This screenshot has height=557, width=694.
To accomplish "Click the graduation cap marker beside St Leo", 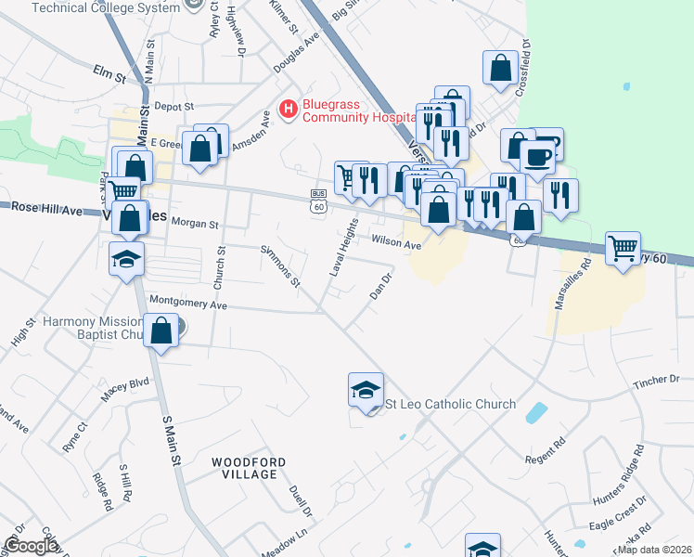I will coord(366,390).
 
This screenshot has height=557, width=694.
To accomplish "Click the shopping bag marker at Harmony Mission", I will coord(162,331).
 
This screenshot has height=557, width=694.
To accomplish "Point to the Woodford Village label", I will coord(244,468).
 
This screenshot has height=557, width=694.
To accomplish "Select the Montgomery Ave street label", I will coord(188,304).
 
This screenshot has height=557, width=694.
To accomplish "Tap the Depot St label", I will coord(173,106).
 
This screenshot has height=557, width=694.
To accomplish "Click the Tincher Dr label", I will coord(656,381).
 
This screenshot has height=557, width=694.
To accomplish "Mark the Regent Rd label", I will coord(545,451).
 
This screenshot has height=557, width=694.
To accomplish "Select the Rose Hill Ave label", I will coord(47,210).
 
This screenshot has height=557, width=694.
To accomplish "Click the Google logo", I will coord(30,546).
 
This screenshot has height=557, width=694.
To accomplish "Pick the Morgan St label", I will coord(194,224).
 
